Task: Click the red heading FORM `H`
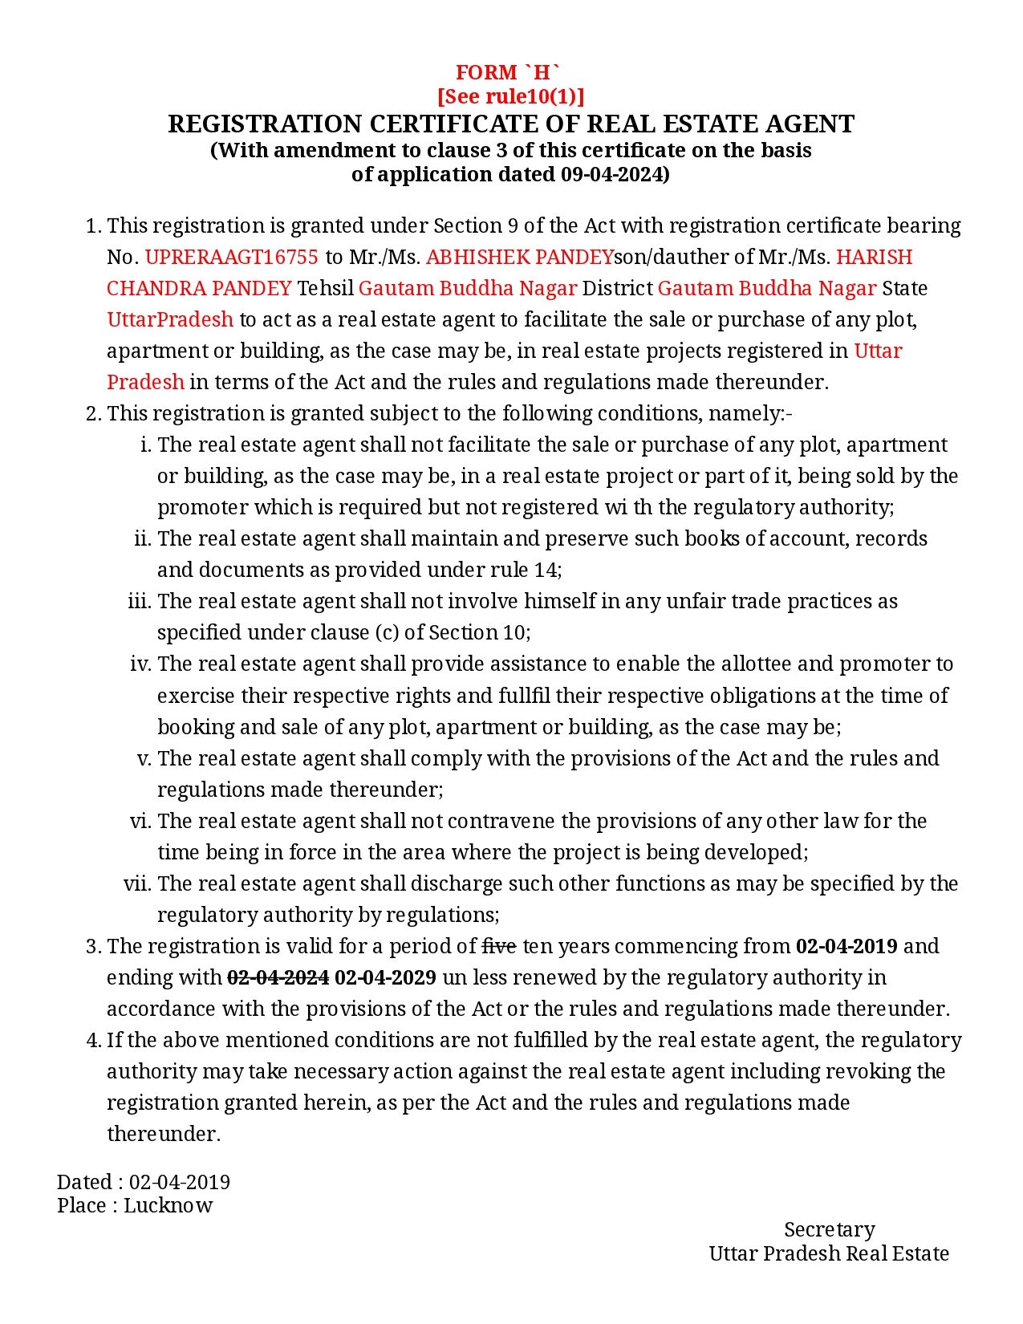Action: click(x=510, y=72)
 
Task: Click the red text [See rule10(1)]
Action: click(x=510, y=96)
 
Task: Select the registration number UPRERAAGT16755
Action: click(x=231, y=257)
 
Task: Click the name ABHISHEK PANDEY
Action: click(x=519, y=257)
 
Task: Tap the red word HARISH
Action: click(x=874, y=257)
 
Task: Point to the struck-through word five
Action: click(x=498, y=946)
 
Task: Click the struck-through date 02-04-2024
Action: click(x=278, y=977)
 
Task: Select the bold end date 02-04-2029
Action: click(x=385, y=977)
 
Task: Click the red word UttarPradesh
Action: click(x=170, y=319)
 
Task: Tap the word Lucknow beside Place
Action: click(x=168, y=1205)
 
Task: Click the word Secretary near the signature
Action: click(x=829, y=1229)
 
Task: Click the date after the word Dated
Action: click(x=180, y=1182)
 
